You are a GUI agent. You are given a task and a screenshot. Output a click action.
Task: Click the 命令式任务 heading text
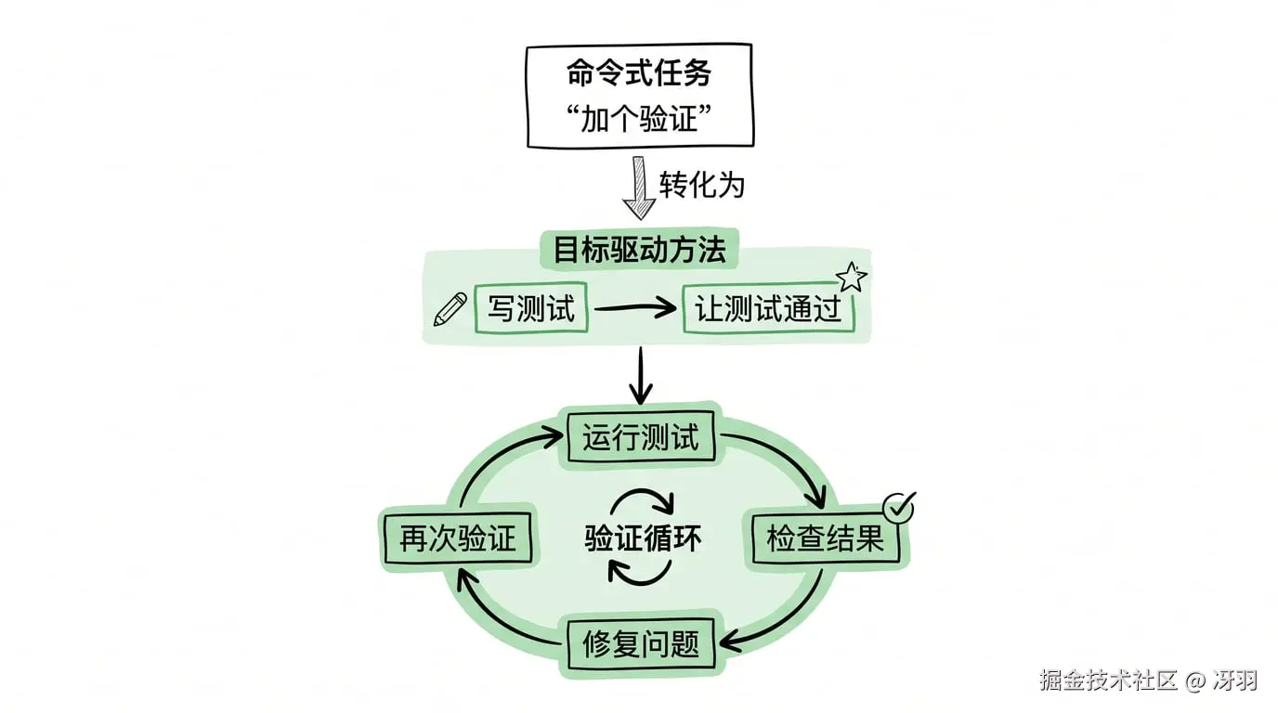pos(639,73)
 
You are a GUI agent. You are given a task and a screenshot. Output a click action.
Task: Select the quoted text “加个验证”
pos(639,118)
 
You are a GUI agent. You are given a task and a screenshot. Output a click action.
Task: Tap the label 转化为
pos(701,184)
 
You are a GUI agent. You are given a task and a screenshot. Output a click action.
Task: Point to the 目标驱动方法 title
pos(639,250)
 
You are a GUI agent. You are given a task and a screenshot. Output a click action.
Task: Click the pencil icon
pos(450,309)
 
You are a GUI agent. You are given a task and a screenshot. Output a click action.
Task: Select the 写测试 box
pos(531,309)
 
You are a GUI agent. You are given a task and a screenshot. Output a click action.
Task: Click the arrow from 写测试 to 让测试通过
pos(636,309)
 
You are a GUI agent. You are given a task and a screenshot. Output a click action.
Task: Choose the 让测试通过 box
pos(768,309)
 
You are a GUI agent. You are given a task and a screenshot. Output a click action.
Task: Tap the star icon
pos(851,277)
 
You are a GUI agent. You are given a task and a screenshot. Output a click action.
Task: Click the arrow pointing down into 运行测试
pos(640,376)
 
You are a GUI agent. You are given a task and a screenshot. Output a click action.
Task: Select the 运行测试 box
pos(640,436)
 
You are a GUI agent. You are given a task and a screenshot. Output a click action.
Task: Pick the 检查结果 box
pos(825,538)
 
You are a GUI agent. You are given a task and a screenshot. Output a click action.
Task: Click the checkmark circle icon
pos(898,507)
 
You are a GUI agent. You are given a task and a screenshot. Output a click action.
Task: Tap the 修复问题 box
pos(640,643)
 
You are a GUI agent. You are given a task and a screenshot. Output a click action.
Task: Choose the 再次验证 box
pos(457,539)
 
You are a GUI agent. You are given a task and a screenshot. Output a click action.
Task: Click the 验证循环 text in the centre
pos(643,539)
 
